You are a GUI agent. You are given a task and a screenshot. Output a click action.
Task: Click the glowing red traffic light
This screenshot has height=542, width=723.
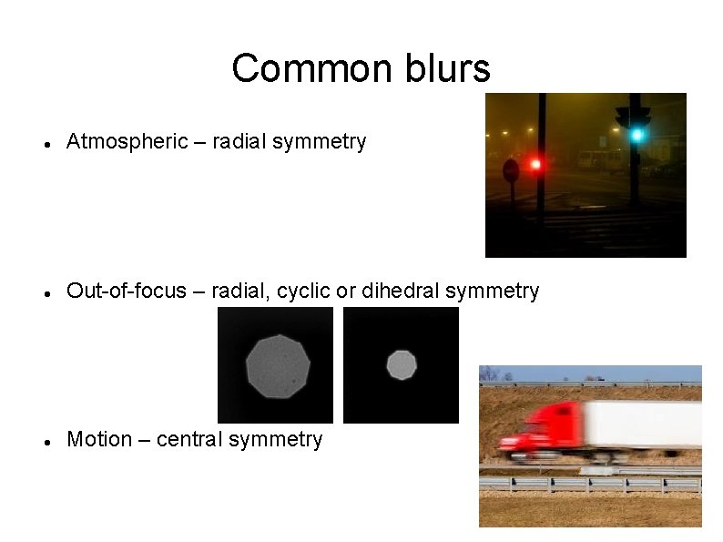[535, 164]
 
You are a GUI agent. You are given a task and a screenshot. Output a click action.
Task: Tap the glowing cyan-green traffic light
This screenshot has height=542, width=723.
[637, 135]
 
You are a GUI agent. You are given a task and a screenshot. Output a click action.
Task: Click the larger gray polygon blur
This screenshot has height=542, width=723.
[277, 366]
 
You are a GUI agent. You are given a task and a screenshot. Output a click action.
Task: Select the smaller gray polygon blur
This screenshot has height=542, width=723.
[401, 365]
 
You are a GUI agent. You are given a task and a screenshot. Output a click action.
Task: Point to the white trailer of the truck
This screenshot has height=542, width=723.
[643, 426]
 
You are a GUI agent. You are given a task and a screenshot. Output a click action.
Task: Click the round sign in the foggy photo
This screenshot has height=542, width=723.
[511, 169]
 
